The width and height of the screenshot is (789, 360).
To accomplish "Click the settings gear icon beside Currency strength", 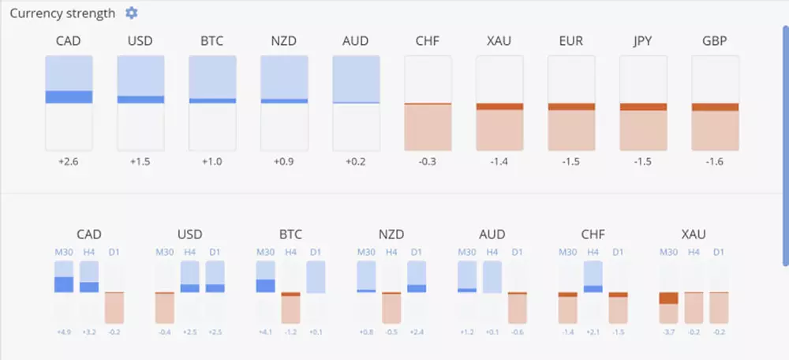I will [x=132, y=13].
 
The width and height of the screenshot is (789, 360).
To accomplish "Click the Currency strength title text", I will [x=62, y=13].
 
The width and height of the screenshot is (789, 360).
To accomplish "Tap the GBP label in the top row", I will [x=715, y=41].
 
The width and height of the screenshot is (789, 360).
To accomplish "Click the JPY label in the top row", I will [x=643, y=41].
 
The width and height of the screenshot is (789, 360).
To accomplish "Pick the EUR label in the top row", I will [x=571, y=41].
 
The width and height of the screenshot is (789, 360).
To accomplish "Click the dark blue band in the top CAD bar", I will [x=69, y=97].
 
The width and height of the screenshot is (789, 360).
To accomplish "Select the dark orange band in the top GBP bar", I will [x=715, y=107].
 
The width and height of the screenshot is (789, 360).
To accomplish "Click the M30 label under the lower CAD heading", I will [x=63, y=252].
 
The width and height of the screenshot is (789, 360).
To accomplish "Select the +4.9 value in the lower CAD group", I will [x=63, y=332].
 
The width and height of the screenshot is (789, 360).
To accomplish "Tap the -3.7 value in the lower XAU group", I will [x=668, y=332].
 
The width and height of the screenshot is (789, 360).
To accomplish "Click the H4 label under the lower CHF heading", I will [x=593, y=252].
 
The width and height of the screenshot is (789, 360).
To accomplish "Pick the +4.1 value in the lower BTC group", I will [x=265, y=332].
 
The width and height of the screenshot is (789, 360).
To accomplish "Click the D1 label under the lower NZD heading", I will [x=417, y=252].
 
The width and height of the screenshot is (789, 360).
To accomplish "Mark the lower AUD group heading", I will [x=492, y=234].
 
